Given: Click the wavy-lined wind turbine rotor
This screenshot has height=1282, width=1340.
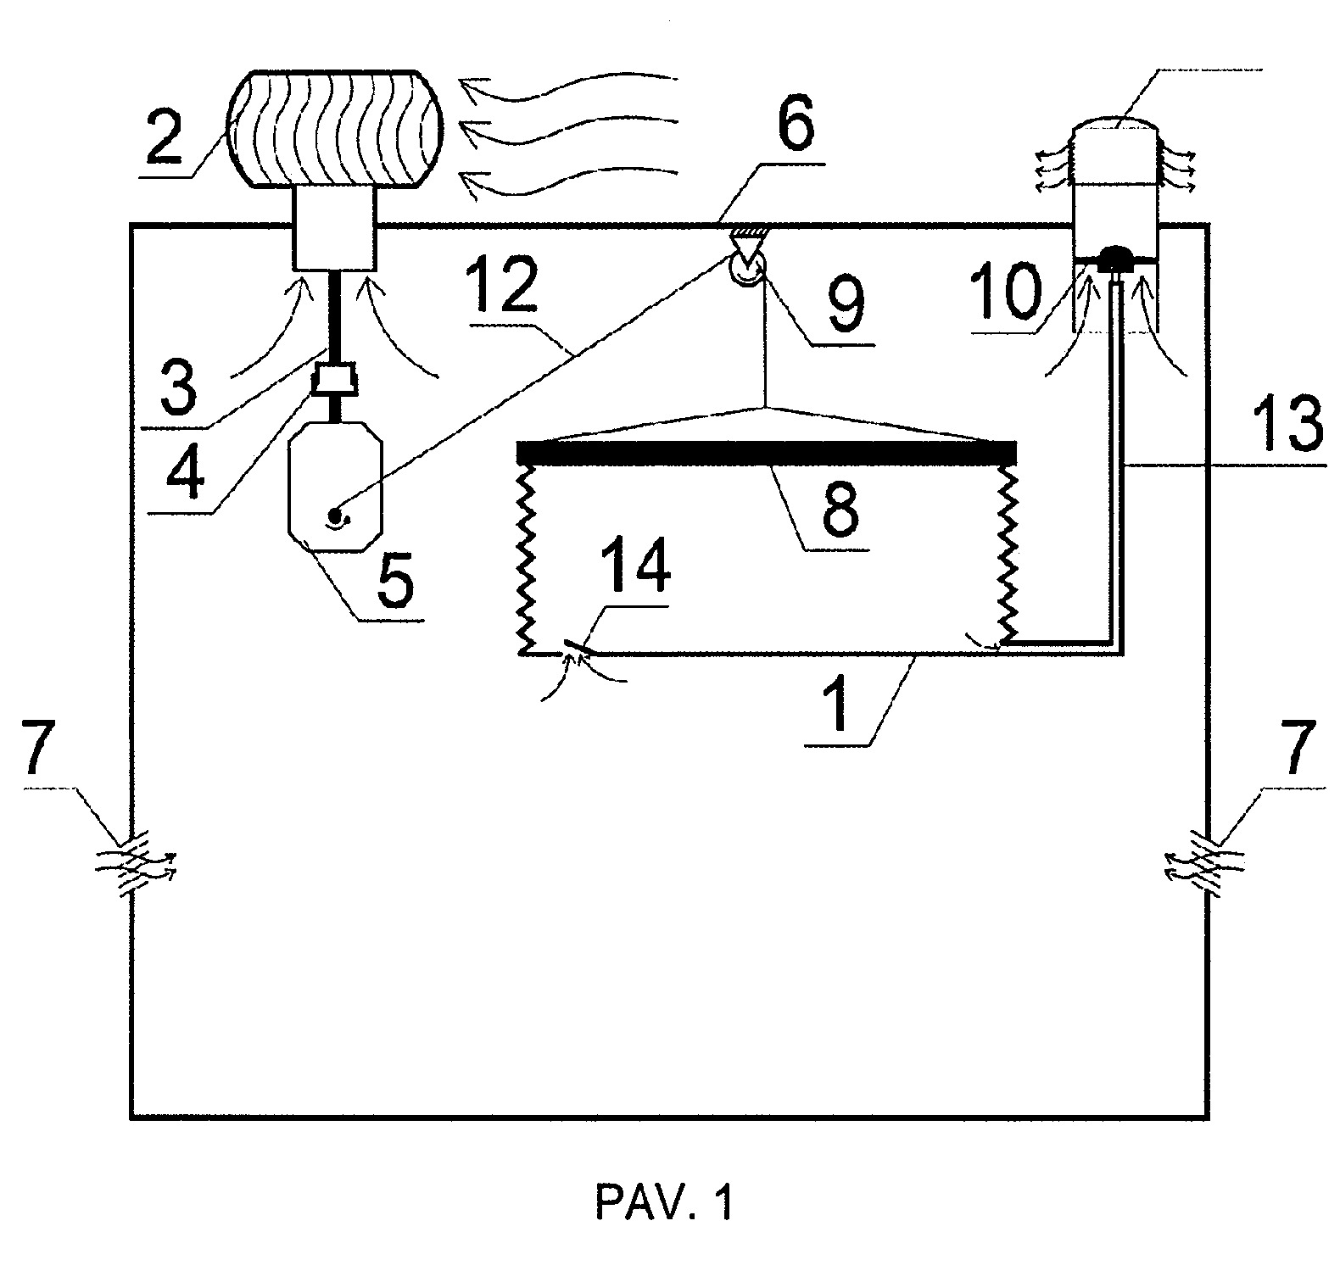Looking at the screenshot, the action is (x=335, y=128).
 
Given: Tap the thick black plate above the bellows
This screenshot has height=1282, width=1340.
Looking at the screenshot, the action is (x=767, y=453).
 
